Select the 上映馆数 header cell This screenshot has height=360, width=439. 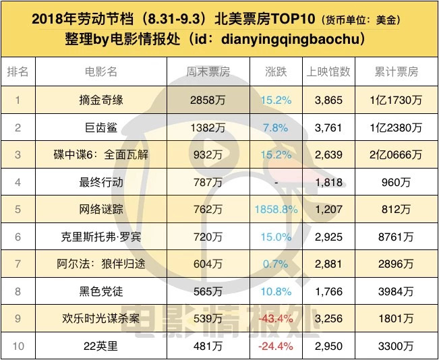(x=328, y=72)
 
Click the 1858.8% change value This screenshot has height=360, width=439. (x=276, y=209)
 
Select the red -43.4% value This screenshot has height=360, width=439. (x=276, y=318)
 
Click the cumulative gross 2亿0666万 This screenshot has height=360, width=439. (x=396, y=154)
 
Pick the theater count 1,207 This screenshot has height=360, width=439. (x=328, y=209)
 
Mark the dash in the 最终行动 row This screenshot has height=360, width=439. (x=276, y=182)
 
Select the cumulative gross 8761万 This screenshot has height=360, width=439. (x=396, y=237)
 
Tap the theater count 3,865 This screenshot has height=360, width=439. (x=328, y=100)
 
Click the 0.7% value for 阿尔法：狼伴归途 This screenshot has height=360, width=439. (x=276, y=264)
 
